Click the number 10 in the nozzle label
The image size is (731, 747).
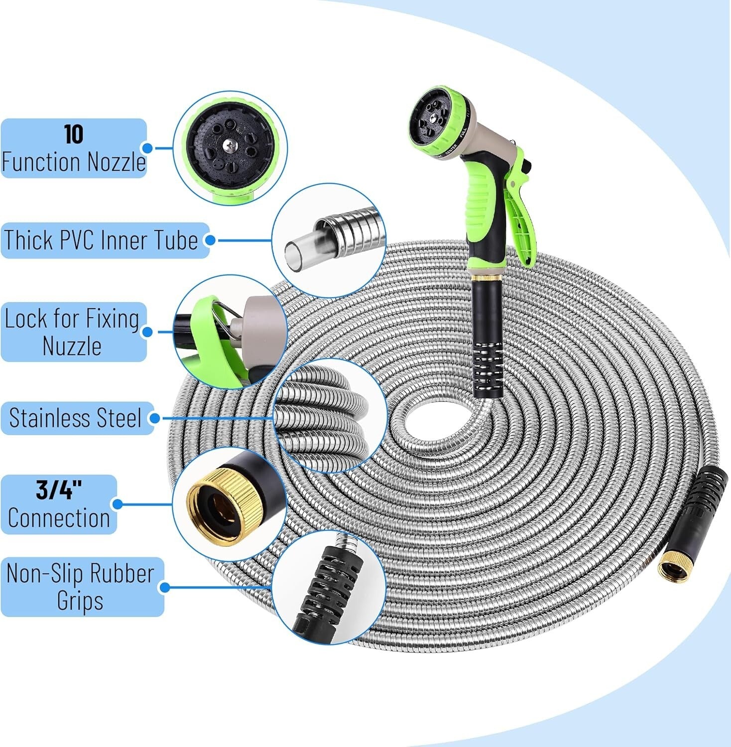point(74,134)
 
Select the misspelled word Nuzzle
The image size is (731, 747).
point(72,346)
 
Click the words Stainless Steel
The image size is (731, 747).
point(75,418)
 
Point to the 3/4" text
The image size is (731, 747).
point(58,490)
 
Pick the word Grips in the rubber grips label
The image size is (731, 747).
point(80,601)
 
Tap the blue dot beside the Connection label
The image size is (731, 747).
point(118,504)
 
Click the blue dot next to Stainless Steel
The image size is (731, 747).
point(154,418)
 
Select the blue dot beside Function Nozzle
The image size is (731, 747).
point(147,148)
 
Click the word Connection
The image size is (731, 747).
point(59,518)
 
